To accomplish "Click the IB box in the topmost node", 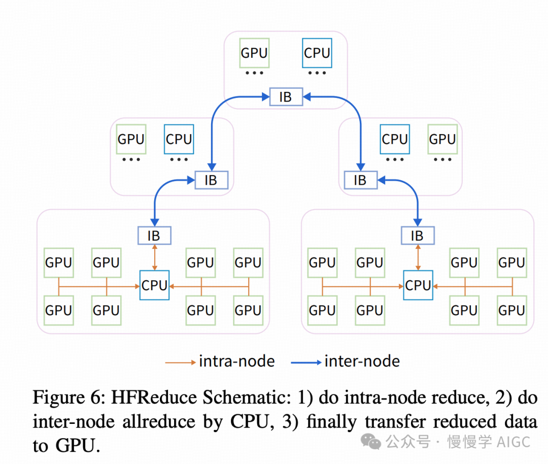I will pyautogui.click(x=285, y=96).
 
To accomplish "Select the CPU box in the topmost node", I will pyautogui.click(x=317, y=53).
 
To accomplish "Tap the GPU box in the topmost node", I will pyautogui.click(x=254, y=53).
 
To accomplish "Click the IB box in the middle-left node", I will pyautogui.click(x=211, y=180).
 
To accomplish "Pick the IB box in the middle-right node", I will pyautogui.click(x=360, y=180).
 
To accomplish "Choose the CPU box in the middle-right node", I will pyautogui.click(x=395, y=139).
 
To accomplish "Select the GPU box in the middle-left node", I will pyautogui.click(x=131, y=139).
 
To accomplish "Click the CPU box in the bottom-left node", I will pyautogui.click(x=154, y=285).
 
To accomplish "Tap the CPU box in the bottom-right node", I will pyautogui.click(x=418, y=285).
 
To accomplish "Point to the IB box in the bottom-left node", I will pyautogui.click(x=154, y=236).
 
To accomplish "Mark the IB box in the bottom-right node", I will pyautogui.click(x=417, y=236).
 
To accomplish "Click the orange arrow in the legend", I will pyautogui.click(x=180, y=362).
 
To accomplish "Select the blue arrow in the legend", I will pyautogui.click(x=306, y=362).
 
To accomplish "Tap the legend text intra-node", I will pyautogui.click(x=236, y=361).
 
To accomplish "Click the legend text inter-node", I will pyautogui.click(x=362, y=361).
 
